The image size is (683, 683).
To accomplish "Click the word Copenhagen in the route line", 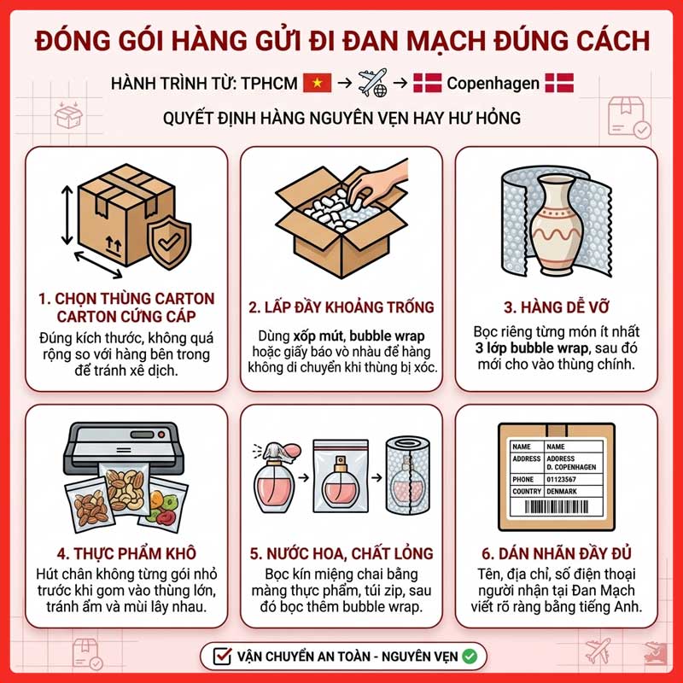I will (x=493, y=84).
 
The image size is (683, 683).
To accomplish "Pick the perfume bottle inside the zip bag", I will (x=342, y=484).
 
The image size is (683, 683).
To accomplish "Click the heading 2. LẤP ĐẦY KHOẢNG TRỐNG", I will (x=341, y=306).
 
